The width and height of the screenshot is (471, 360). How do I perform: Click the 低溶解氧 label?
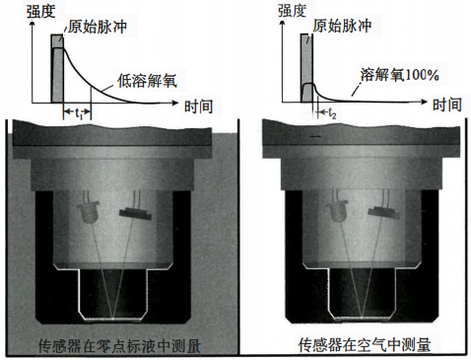pos(147,79)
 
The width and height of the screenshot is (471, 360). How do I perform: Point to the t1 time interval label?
pos(77,114)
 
